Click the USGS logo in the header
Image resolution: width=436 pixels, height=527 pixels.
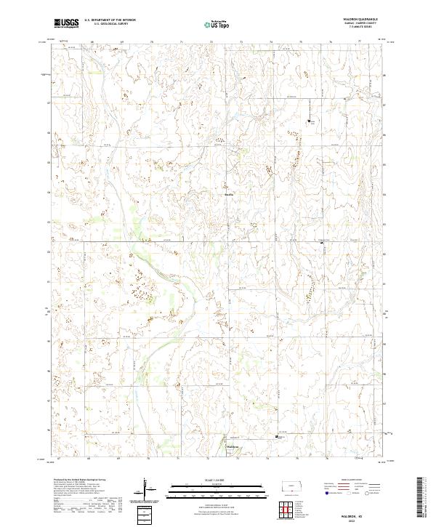coord(68,23)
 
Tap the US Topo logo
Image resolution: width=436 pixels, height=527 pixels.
coord(219,24)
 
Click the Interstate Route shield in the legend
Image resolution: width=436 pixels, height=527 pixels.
coord(322,491)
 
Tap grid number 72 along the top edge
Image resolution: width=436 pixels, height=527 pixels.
coord(211,42)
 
